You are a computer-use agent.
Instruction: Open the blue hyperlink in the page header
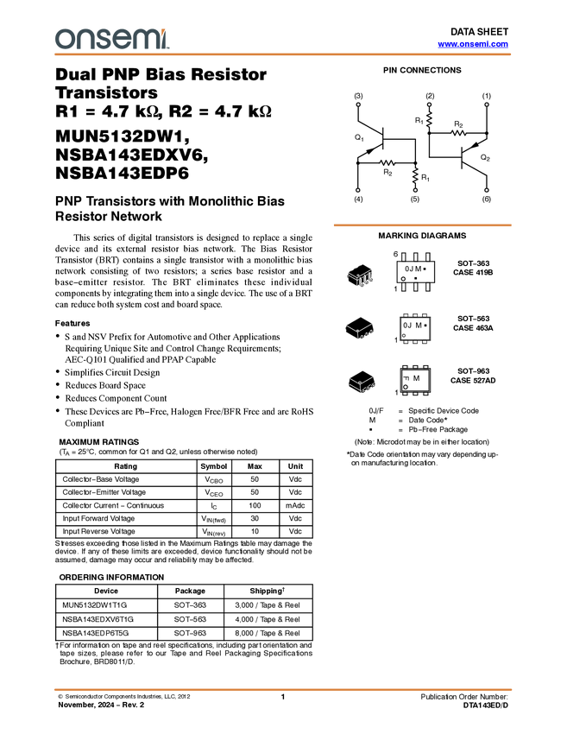click(473, 44)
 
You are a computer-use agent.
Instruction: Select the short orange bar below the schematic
click(422, 225)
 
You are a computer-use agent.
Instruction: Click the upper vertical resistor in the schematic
click(429, 119)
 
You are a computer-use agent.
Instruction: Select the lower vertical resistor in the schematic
click(415, 175)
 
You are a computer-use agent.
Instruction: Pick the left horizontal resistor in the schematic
click(387, 161)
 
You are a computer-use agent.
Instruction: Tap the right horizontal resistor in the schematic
click(458, 133)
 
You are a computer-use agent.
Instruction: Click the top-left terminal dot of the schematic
click(358, 104)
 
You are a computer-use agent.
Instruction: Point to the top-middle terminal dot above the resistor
click(429, 104)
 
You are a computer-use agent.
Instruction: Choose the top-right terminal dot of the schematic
click(487, 104)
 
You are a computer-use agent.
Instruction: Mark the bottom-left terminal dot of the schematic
click(356, 190)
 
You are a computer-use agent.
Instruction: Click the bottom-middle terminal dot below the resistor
click(415, 190)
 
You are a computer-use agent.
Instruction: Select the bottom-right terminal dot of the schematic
click(487, 190)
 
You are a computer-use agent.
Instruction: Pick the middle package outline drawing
click(359, 330)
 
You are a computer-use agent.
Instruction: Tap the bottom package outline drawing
click(361, 384)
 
